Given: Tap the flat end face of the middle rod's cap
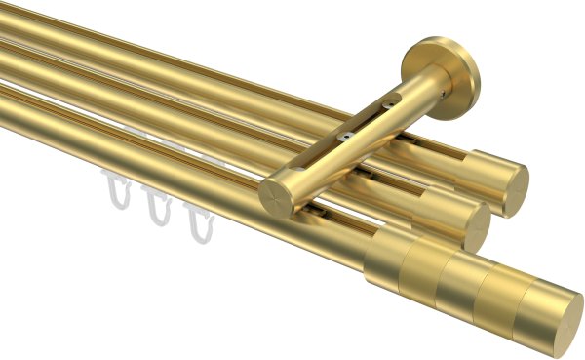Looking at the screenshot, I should (x=478, y=228).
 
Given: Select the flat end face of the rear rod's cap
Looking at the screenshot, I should (x=516, y=190).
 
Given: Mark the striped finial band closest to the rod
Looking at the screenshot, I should (x=388, y=258).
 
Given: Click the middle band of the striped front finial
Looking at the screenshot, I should (x=459, y=282).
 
